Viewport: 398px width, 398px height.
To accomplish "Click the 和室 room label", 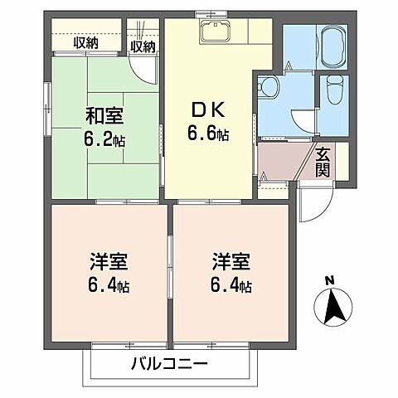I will point(104,116).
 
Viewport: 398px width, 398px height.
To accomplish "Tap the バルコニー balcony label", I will point(168,363).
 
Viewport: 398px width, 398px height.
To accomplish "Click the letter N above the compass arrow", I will point(330,279).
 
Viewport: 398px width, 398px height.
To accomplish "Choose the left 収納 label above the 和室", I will point(85,42).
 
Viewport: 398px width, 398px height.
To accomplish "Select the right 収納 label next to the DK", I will point(143,46).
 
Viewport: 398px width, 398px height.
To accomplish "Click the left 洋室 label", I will point(109,264).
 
